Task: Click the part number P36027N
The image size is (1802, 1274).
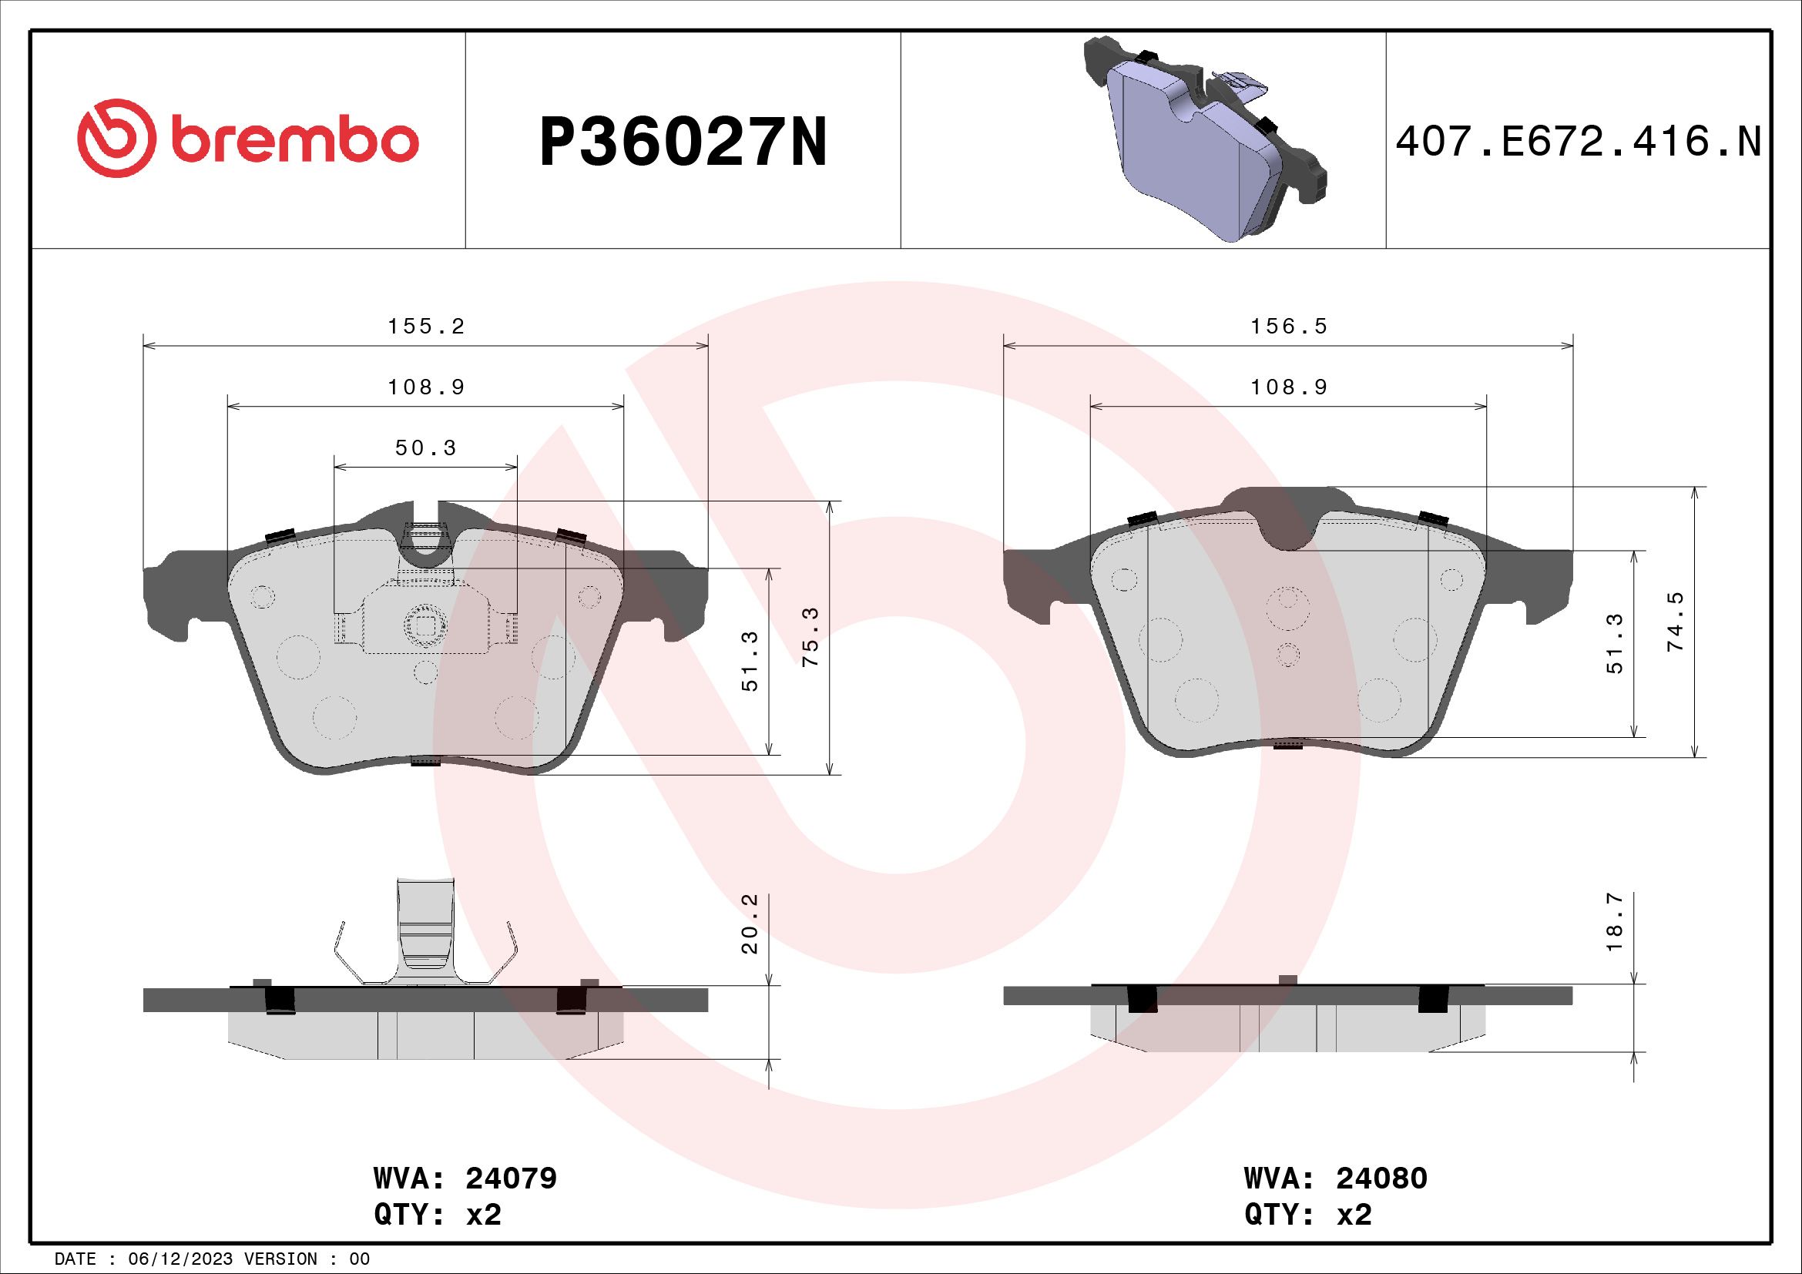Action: pyautogui.click(x=683, y=142)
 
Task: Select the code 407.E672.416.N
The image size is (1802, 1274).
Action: pyautogui.click(x=1579, y=142)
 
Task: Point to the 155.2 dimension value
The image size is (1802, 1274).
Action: pyautogui.click(x=426, y=327)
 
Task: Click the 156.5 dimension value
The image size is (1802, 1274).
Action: pyautogui.click(x=1288, y=327)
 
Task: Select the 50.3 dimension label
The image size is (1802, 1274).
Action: pyautogui.click(x=425, y=448)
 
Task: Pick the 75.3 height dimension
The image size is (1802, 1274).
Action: pyautogui.click(x=810, y=636)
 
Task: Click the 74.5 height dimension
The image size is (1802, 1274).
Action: pyautogui.click(x=1675, y=622)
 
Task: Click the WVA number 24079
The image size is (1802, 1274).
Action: pyautogui.click(x=511, y=1178)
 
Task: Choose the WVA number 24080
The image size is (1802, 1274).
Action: pyautogui.click(x=1381, y=1178)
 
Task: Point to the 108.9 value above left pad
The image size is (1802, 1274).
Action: pyautogui.click(x=426, y=387)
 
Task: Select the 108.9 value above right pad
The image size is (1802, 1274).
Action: pyautogui.click(x=1288, y=387)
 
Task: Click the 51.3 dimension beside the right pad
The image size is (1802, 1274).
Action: pyautogui.click(x=1614, y=643)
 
